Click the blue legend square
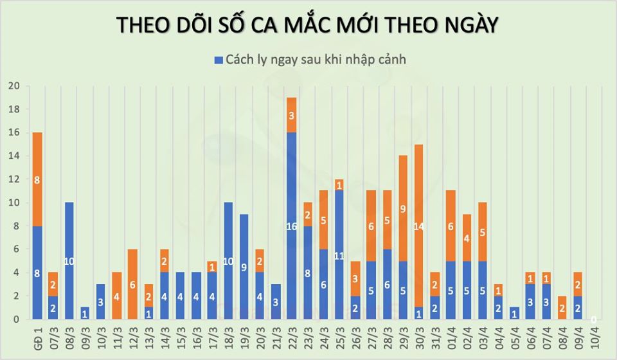tap(219, 60)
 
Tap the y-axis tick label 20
tap(14, 86)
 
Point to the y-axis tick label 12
tap(14, 179)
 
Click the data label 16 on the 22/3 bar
tap(291, 226)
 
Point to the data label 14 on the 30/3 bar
tap(418, 226)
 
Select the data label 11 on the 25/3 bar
tap(339, 255)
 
